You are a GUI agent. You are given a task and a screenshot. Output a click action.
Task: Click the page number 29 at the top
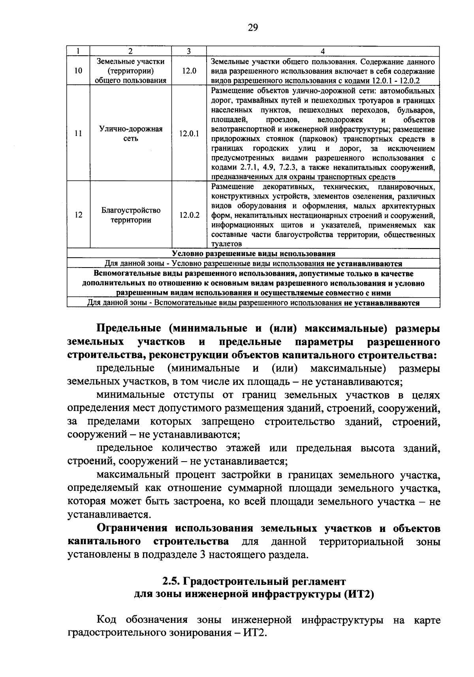pyautogui.click(x=253, y=28)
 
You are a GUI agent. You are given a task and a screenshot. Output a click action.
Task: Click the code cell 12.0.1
pyautogui.click(x=189, y=134)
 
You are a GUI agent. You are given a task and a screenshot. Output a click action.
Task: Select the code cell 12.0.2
pyautogui.click(x=189, y=215)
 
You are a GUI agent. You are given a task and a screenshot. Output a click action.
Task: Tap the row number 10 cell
pyautogui.click(x=79, y=71)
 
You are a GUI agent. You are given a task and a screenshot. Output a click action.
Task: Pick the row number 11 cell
pyautogui.click(x=79, y=134)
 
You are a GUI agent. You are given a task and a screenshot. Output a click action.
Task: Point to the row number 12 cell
pyautogui.click(x=79, y=215)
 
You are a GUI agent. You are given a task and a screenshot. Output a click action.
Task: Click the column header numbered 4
pyautogui.click(x=323, y=51)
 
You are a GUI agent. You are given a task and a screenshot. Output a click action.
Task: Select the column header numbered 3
pyautogui.click(x=189, y=51)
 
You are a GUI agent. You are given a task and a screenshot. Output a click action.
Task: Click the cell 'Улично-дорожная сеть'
pyautogui.click(x=131, y=134)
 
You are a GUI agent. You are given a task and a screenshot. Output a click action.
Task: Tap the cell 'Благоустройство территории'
pyautogui.click(x=131, y=215)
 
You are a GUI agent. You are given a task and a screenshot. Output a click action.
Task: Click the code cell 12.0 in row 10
pyautogui.click(x=189, y=71)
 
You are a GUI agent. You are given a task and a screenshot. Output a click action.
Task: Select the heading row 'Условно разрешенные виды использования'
pyautogui.click(x=254, y=254)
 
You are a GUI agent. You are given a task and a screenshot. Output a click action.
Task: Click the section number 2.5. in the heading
pyautogui.click(x=171, y=582)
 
